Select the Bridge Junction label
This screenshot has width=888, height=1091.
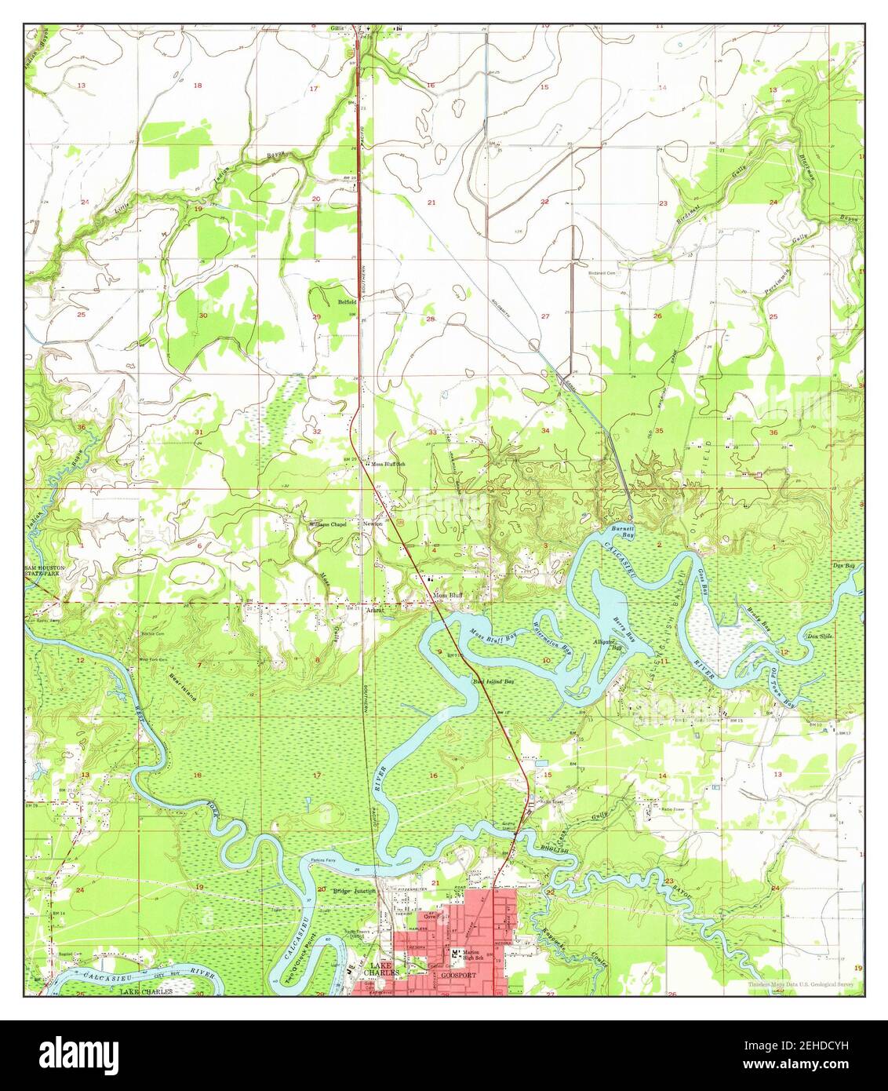[355, 891]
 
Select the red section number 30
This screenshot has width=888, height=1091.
[202, 316]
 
